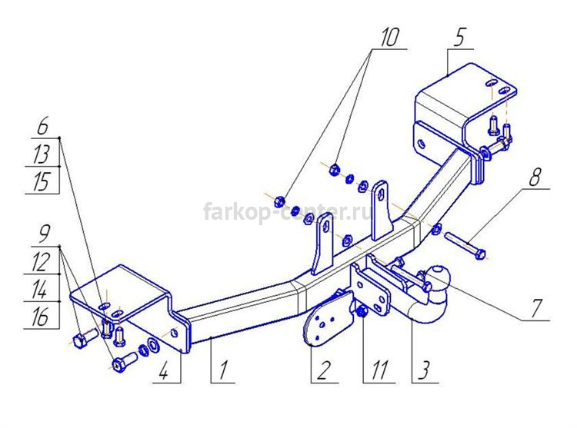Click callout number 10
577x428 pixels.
point(390,38)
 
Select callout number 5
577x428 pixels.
point(459,38)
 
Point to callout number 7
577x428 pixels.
point(536,309)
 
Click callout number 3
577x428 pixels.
point(424,370)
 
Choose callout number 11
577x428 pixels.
point(379,370)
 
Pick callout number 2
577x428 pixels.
point(323,370)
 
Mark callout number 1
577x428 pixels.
point(223,370)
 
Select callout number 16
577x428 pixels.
point(40,317)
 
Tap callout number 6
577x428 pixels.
point(42,126)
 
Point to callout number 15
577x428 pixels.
point(41,182)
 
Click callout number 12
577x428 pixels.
point(41,263)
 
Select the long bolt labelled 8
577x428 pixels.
point(465,245)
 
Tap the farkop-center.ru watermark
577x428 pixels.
point(288,212)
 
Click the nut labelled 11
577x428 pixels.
point(362,311)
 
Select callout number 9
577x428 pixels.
point(44,234)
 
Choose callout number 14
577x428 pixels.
point(40,289)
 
